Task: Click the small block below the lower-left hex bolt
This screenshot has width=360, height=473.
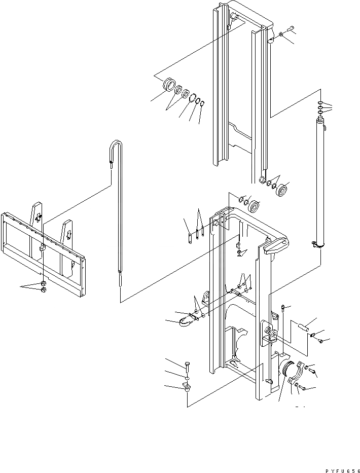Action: [x=186, y=388]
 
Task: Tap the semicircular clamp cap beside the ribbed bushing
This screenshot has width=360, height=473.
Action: [x=300, y=373]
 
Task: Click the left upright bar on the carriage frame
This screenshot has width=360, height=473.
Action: [x=37, y=213]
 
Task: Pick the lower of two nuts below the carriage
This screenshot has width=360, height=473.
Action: [x=44, y=290]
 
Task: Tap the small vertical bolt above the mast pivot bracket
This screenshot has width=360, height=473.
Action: [x=282, y=308]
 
